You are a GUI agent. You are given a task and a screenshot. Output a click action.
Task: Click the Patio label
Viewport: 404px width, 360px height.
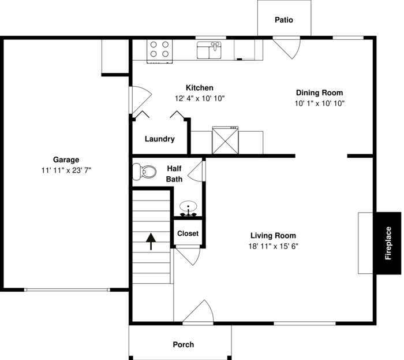(x=283, y=20)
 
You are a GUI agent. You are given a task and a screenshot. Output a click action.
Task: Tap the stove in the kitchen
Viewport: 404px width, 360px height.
(x=160, y=50)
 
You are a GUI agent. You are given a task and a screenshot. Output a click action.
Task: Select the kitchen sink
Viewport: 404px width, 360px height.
(x=210, y=50)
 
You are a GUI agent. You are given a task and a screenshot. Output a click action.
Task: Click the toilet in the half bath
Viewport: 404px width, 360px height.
(x=144, y=172)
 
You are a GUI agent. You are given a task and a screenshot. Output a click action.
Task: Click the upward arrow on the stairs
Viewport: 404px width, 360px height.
(x=151, y=241)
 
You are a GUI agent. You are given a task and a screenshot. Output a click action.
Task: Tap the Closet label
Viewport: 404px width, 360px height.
(x=188, y=233)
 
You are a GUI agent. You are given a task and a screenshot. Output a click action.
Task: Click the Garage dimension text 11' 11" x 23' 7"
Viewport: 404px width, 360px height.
(x=66, y=170)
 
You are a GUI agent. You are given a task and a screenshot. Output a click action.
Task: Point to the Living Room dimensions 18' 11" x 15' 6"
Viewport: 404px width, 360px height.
(x=273, y=246)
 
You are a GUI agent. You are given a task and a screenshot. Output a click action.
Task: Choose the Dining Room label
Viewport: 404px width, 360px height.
(x=319, y=92)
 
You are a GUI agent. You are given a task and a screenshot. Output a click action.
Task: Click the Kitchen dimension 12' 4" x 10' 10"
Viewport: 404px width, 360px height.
(x=200, y=98)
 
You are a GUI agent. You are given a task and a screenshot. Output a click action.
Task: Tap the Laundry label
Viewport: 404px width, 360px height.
(x=159, y=139)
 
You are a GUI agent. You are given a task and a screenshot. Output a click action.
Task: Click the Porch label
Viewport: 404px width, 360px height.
(x=184, y=344)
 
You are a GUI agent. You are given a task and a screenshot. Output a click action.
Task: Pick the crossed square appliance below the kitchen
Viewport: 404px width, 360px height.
(x=225, y=140)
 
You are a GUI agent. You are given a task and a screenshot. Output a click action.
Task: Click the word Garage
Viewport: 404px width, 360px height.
(x=66, y=159)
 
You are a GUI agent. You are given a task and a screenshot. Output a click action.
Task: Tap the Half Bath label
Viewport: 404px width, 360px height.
(x=174, y=173)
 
